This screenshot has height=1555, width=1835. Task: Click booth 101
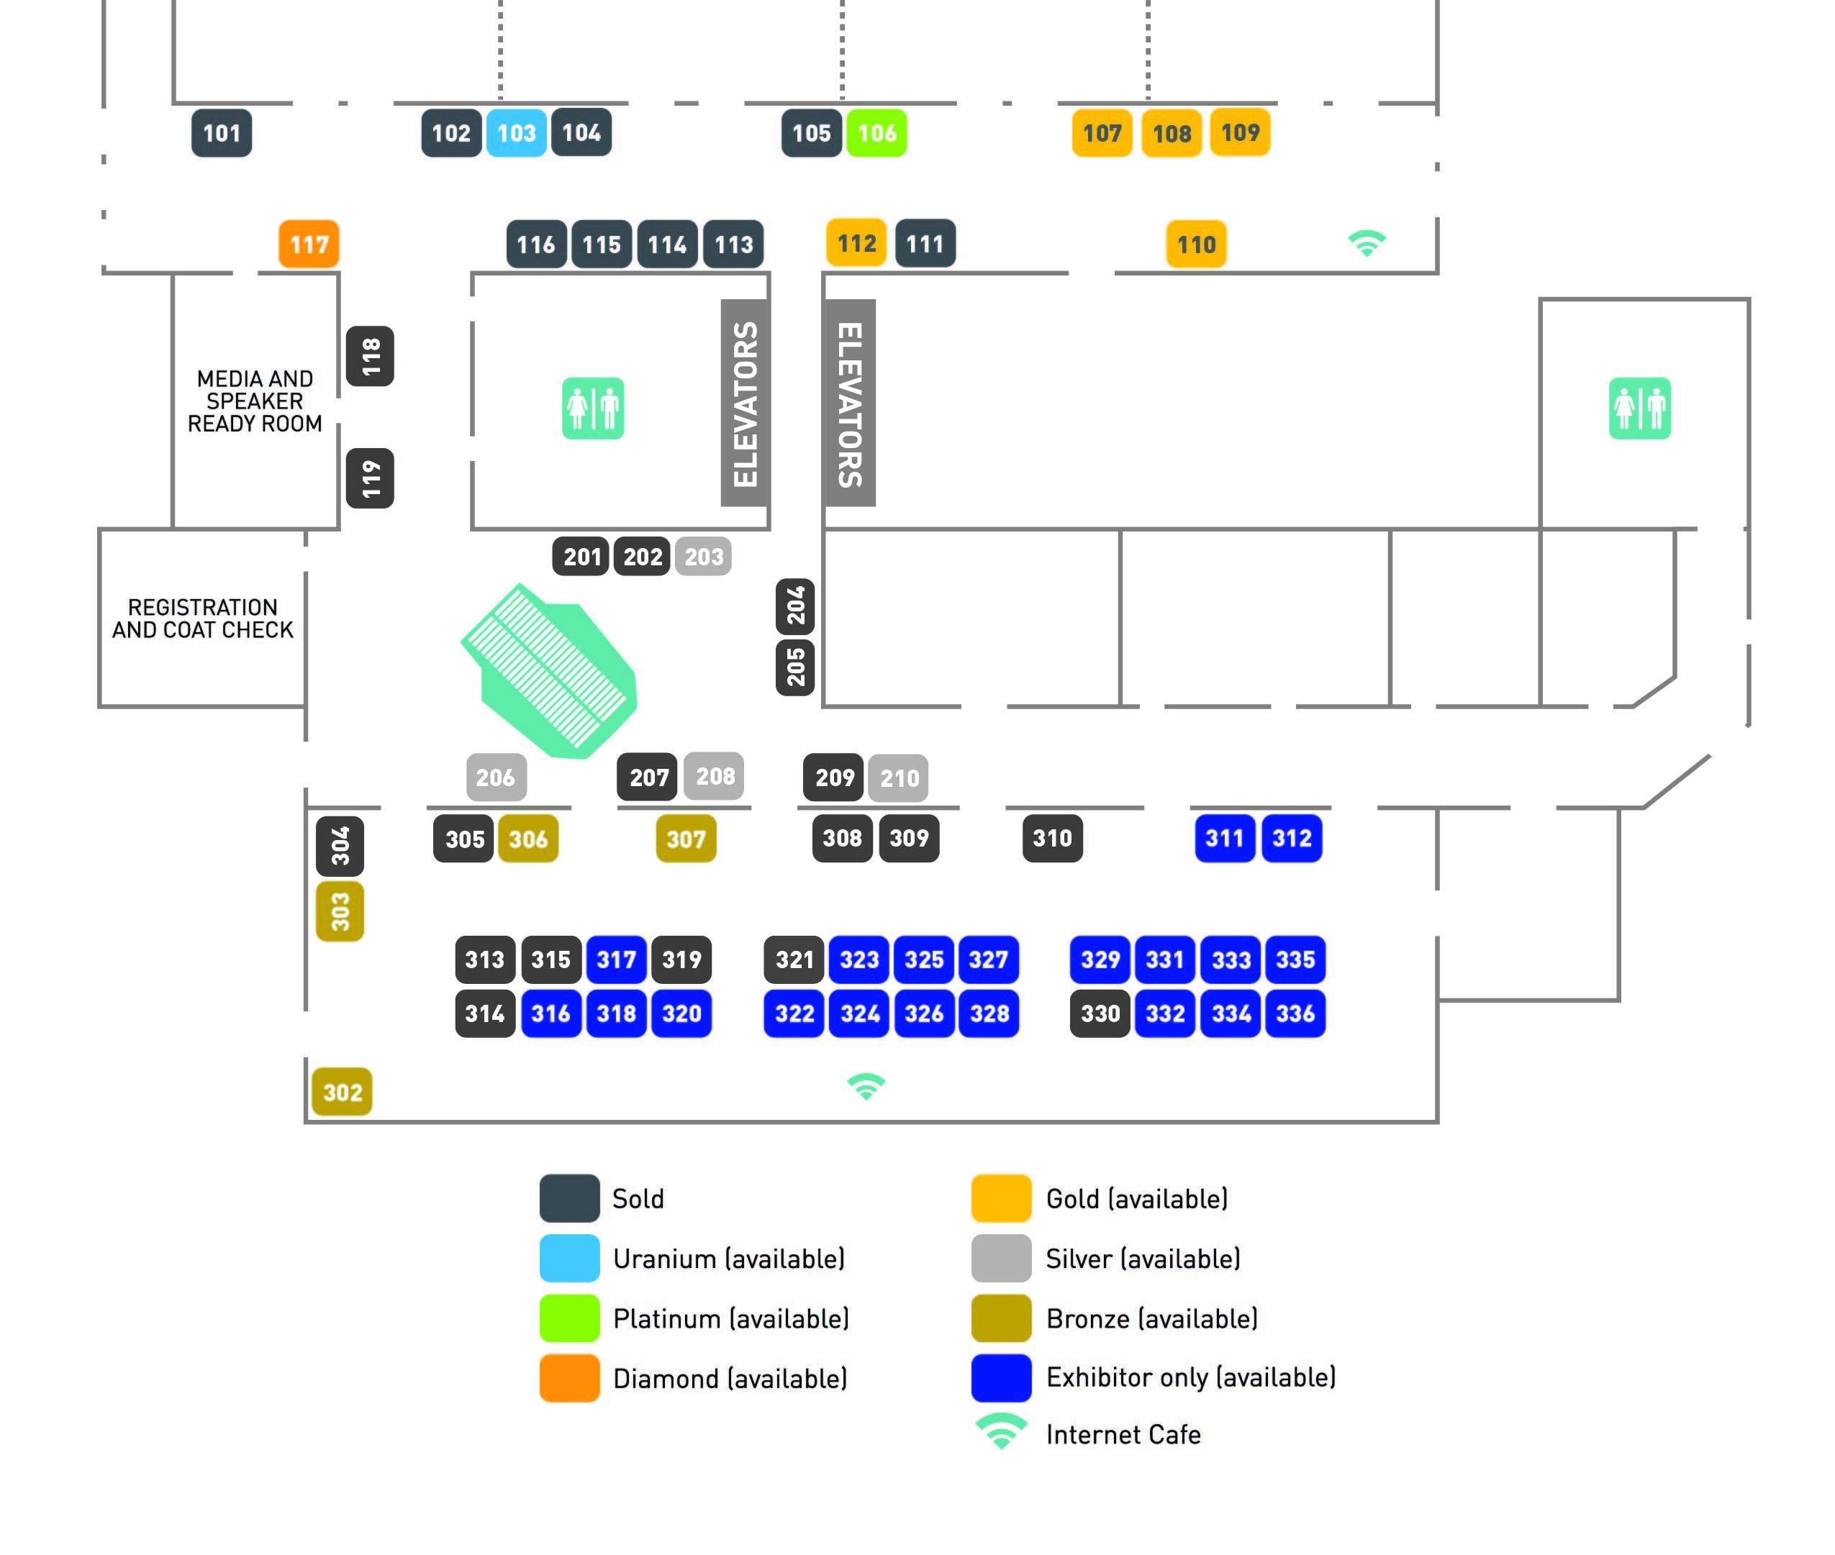(222, 133)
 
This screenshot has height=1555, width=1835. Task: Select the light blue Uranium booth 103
(516, 133)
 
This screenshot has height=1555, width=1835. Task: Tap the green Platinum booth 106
(876, 133)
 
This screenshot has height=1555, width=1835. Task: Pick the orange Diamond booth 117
(309, 244)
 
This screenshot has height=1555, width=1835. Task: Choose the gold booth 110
(1196, 244)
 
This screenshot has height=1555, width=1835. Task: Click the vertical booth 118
(371, 356)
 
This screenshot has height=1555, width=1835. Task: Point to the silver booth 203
(703, 556)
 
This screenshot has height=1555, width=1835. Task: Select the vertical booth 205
(795, 667)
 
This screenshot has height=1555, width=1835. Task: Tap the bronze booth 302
(342, 1093)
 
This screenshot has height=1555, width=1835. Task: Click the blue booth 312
(1291, 839)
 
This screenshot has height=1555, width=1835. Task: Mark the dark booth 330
(1100, 1013)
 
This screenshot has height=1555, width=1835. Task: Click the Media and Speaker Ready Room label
(255, 401)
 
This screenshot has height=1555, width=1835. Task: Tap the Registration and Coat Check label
(203, 619)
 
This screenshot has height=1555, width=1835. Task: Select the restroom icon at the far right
(1639, 408)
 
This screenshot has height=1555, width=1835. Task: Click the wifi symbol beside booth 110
(1367, 243)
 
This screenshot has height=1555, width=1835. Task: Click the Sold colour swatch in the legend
(570, 1198)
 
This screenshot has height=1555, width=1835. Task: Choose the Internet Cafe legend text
(1123, 1434)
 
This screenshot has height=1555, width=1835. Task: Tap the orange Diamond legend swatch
(570, 1378)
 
